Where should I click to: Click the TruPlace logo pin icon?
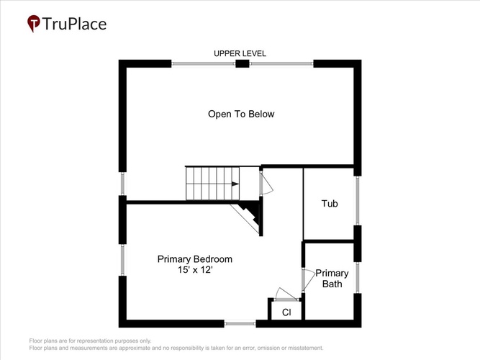tap(34, 23)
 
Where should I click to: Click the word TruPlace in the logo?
tap(74, 24)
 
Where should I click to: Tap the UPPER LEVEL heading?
tap(240, 53)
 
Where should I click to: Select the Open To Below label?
tap(241, 114)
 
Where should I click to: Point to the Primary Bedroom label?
tap(195, 259)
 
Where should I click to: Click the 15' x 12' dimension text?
tap(195, 270)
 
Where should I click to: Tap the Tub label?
tap(330, 204)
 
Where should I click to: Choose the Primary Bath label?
tap(332, 279)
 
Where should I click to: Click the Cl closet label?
tap(286, 312)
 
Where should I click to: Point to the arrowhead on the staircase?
tap(235, 184)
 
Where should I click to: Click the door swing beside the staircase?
tap(266, 182)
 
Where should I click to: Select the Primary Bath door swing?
tap(309, 280)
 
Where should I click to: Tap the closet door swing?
tap(286, 294)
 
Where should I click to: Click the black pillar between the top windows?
tap(242, 64)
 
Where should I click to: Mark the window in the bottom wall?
tap(240, 323)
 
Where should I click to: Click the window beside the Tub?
tap(357, 201)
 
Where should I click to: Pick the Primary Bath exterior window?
tap(357, 278)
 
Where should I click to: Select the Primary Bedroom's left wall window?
tap(122, 260)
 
